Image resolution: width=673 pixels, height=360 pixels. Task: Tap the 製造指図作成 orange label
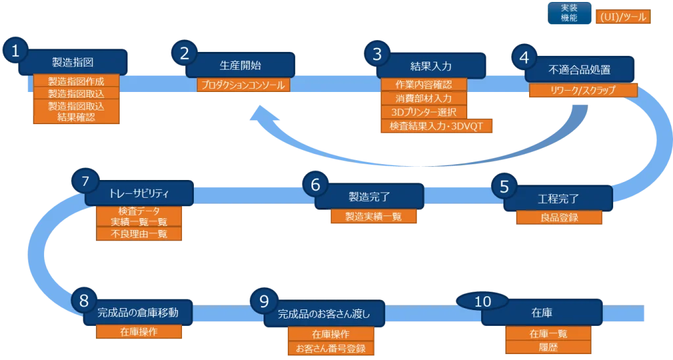77,81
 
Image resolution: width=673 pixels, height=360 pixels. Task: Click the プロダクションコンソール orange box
244,85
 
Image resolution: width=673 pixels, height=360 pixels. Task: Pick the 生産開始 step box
241,66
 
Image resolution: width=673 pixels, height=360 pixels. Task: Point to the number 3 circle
377,54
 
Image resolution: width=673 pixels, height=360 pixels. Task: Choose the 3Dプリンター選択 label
424,112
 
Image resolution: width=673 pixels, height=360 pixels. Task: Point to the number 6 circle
315,186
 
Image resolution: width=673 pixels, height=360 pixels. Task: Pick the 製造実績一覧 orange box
375,216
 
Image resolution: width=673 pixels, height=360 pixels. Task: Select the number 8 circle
83,301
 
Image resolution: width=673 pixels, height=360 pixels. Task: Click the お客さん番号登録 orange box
331,348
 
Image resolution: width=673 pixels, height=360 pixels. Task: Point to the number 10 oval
482,301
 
